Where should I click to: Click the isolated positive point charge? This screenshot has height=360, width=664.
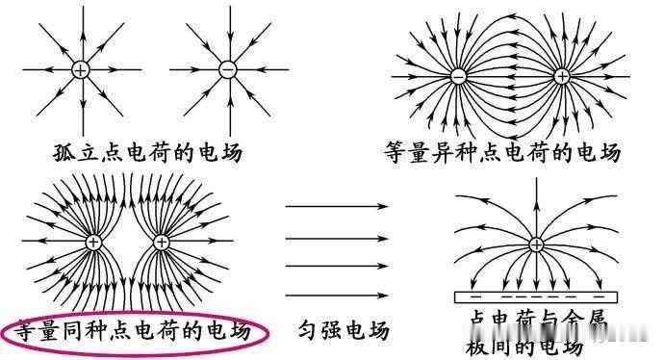[x=81, y=70]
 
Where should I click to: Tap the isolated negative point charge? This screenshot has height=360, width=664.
[x=227, y=70]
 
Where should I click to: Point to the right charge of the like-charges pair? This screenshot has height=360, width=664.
[x=163, y=244]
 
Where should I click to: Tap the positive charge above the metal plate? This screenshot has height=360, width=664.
[x=535, y=244]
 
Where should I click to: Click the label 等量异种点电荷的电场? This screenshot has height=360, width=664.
[x=501, y=151]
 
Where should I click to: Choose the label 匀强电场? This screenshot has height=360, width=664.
[x=342, y=331]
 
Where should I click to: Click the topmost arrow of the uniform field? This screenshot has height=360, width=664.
[x=337, y=206]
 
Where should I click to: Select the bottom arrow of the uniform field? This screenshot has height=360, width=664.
[x=337, y=295]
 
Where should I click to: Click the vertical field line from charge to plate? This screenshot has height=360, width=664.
[x=535, y=270]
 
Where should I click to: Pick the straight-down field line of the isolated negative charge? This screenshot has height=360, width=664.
[x=227, y=106]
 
